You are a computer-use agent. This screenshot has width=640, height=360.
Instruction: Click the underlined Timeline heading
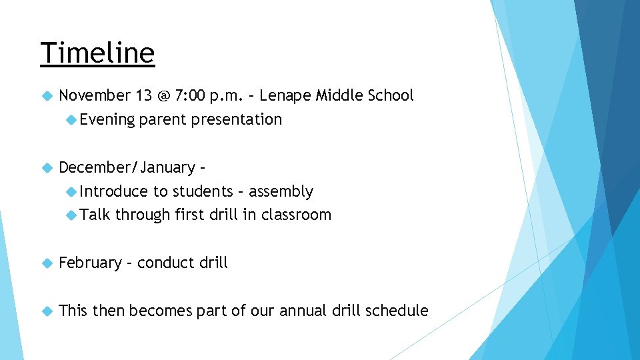(x=97, y=53)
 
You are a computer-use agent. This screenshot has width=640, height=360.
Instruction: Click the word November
(x=95, y=96)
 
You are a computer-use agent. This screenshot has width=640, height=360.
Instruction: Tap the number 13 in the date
(x=143, y=96)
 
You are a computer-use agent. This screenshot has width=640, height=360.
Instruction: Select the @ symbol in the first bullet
(x=164, y=96)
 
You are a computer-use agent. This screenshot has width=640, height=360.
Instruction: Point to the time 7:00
(x=189, y=96)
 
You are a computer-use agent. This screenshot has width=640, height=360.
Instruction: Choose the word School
(x=390, y=96)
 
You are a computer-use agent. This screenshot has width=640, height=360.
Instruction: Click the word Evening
(x=107, y=120)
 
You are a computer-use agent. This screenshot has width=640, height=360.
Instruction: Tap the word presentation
(x=237, y=120)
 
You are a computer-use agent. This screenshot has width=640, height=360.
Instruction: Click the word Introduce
(x=113, y=192)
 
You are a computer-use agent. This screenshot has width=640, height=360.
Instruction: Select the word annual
(x=308, y=311)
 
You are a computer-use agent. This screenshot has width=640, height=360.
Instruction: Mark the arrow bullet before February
(x=46, y=263)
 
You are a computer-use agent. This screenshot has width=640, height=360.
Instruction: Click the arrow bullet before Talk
(x=71, y=215)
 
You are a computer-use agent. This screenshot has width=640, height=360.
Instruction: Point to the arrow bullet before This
(x=46, y=311)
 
